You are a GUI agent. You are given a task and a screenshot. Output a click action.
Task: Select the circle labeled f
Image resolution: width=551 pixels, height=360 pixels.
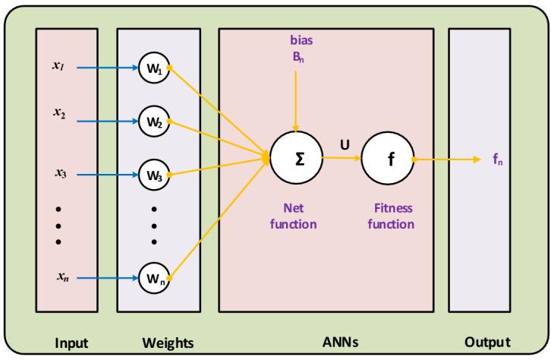coord(388,159)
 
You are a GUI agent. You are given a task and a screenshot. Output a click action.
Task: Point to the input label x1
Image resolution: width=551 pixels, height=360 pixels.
coord(58,66)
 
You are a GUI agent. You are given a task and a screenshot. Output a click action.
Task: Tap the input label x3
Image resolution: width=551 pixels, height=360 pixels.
coord(59,174)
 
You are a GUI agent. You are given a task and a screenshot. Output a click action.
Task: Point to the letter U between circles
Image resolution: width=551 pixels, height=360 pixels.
coord(344,141)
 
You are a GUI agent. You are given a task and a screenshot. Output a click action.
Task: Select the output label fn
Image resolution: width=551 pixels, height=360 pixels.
coord(499,160)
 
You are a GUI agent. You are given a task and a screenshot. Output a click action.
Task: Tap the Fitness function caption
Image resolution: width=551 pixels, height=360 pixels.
coord(391,215)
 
